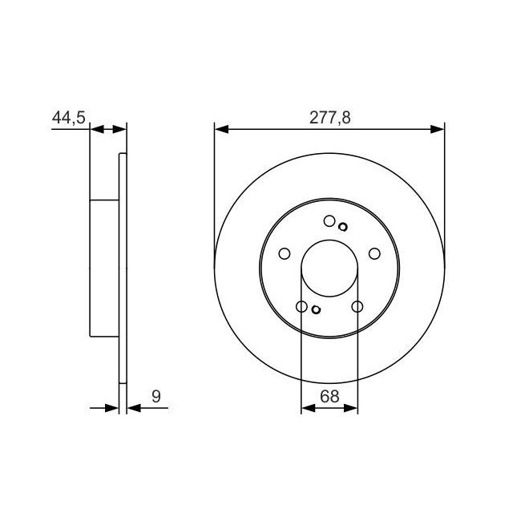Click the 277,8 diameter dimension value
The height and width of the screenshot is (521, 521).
(329, 117)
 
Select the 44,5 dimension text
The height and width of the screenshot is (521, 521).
(68, 117)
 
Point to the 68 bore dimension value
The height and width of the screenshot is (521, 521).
(329, 395)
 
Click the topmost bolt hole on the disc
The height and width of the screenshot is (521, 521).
(329, 221)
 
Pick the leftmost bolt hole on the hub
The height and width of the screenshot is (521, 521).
(284, 254)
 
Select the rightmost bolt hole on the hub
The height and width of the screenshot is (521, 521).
(374, 254)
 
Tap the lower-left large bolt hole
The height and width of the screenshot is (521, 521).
(301, 306)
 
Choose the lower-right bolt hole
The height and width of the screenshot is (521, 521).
(357, 306)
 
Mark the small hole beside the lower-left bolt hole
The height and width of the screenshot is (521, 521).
(315, 311)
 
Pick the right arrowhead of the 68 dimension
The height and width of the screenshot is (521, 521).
(352, 408)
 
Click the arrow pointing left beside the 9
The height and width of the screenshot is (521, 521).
(134, 408)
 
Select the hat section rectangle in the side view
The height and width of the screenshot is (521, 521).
(104, 269)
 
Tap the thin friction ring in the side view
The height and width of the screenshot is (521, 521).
(123, 269)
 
